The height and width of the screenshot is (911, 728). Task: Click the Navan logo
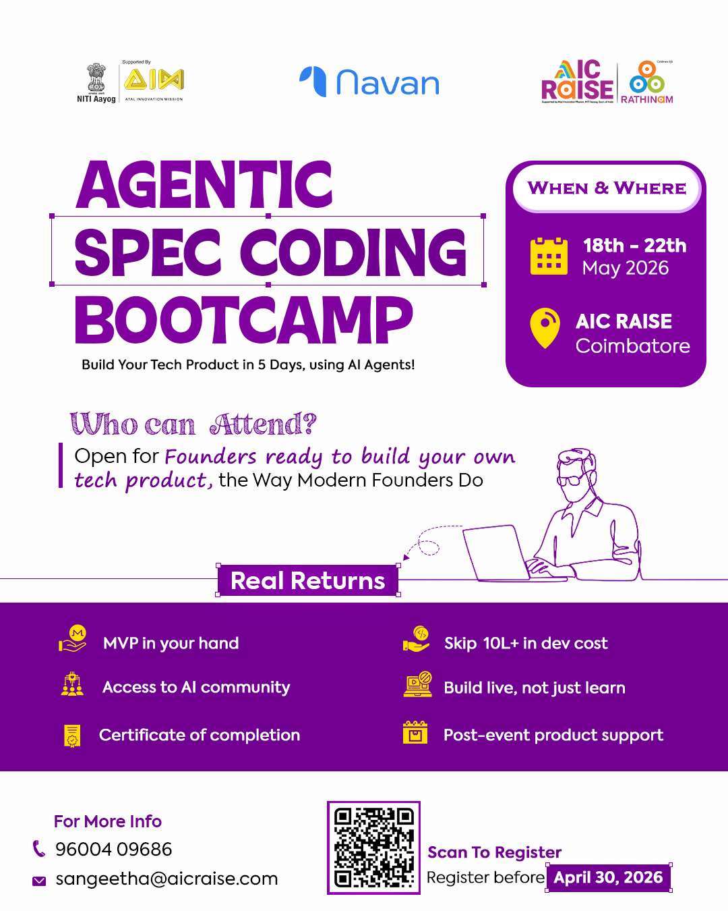pyautogui.click(x=369, y=82)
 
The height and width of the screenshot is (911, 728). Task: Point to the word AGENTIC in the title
pyautogui.click(x=204, y=185)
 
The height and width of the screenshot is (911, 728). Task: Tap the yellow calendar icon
pyautogui.click(x=549, y=256)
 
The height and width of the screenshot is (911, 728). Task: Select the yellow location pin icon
pyautogui.click(x=545, y=328)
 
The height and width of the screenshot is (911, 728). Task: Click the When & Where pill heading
pyautogui.click(x=607, y=188)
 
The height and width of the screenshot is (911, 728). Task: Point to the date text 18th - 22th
pyautogui.click(x=634, y=245)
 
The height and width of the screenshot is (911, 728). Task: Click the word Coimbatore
pyautogui.click(x=632, y=346)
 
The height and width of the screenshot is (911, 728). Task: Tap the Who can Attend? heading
pyautogui.click(x=193, y=424)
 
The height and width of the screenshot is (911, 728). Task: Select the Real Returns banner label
pyautogui.click(x=308, y=580)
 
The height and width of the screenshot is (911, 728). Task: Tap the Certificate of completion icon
pyautogui.click(x=72, y=736)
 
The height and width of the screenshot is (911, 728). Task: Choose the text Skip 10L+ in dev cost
pyautogui.click(x=526, y=643)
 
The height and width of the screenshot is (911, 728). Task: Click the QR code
pyautogui.click(x=373, y=848)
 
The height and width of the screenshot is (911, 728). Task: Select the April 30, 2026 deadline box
pyautogui.click(x=608, y=877)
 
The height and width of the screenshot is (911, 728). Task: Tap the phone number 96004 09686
pyautogui.click(x=114, y=849)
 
